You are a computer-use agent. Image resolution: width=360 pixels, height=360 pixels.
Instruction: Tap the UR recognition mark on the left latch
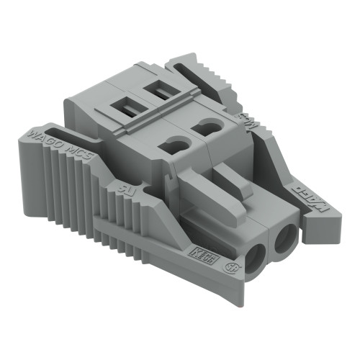click(x=123, y=189)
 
